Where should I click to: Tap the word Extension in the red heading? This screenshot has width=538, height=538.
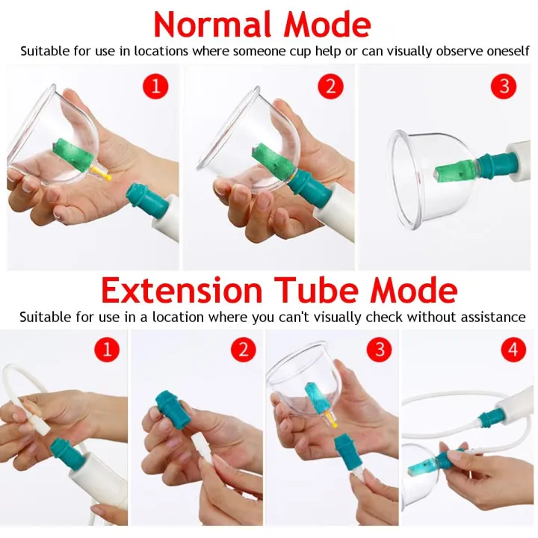(182, 291)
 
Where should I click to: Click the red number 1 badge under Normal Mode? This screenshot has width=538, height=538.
(155, 86)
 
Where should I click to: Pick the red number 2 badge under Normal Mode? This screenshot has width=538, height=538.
(331, 86)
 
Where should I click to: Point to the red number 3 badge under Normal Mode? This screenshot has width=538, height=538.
(504, 86)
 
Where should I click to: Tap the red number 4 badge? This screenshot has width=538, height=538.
(513, 350)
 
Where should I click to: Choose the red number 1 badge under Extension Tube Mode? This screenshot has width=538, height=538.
(107, 350)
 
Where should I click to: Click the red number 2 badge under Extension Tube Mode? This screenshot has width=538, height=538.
(244, 350)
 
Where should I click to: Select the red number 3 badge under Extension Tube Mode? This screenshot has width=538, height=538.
(379, 350)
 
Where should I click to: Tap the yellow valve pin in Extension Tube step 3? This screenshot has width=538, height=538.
(331, 420)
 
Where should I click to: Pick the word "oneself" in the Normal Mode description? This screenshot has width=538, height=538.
(508, 51)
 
